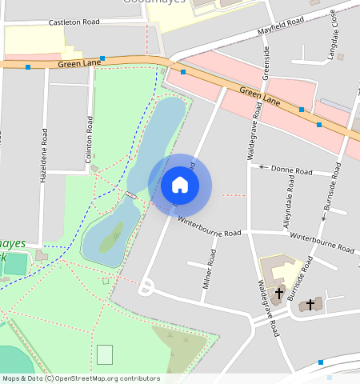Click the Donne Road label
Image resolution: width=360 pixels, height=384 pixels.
[291, 170]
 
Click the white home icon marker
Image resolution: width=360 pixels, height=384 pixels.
[180, 185]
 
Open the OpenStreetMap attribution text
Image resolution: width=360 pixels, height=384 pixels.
[80, 378]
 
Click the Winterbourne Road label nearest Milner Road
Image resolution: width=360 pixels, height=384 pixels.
[209, 226]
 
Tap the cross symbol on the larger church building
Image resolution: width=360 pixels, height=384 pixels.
[278, 294]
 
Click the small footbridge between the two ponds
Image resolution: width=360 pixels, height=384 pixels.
[131, 194]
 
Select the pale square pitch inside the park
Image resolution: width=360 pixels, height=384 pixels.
[105, 354]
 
